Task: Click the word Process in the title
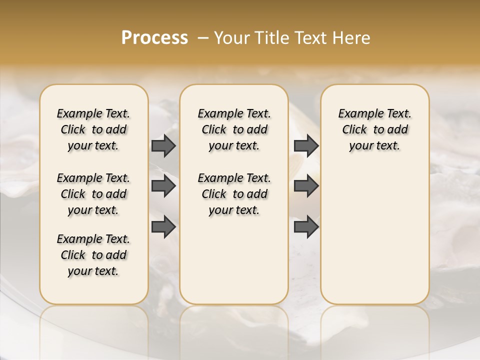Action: (x=154, y=38)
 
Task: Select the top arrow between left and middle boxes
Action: (x=163, y=145)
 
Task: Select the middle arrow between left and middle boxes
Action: (x=163, y=186)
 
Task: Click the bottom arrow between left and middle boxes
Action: (x=163, y=227)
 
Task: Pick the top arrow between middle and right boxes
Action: (x=306, y=145)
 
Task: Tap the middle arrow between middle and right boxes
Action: (x=306, y=186)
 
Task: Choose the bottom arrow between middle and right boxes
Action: (x=306, y=227)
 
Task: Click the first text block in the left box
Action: (x=93, y=129)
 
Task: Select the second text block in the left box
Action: (x=93, y=194)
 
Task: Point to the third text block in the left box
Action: (x=93, y=255)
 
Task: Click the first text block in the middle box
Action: (x=234, y=129)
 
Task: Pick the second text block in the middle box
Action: (x=234, y=194)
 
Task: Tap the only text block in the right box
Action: (x=374, y=129)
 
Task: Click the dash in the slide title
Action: (x=203, y=38)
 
